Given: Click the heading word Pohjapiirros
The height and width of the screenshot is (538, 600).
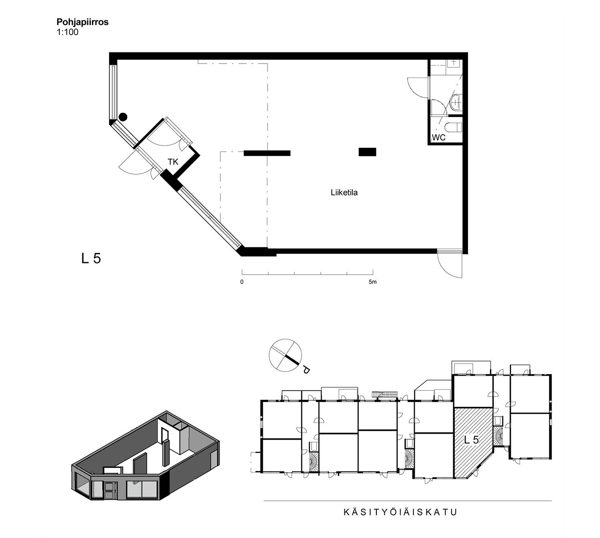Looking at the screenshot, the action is [82, 22].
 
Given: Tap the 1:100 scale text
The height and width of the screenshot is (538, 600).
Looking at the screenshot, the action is [68, 32].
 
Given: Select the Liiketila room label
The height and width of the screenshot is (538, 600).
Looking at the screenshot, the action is [344, 193].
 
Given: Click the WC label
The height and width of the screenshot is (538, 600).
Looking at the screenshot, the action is [438, 137].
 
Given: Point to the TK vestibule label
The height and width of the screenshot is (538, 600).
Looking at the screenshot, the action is [173, 162].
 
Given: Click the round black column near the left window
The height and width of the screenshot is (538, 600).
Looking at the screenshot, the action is [123, 117].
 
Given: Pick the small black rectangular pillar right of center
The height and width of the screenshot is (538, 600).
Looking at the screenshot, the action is [367, 152].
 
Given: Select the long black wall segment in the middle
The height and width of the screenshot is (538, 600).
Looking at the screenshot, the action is [267, 153].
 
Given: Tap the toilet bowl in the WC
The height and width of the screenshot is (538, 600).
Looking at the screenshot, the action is [454, 128].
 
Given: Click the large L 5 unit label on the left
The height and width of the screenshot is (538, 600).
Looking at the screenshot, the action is [91, 258].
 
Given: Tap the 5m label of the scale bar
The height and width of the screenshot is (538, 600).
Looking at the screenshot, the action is [372, 282].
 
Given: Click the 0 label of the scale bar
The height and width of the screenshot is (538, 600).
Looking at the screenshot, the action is [242, 282].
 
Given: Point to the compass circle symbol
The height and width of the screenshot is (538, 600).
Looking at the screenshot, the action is [285, 355].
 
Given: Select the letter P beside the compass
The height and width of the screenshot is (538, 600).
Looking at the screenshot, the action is [306, 370].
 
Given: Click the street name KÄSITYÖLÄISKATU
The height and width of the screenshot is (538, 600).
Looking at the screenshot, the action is [400, 512].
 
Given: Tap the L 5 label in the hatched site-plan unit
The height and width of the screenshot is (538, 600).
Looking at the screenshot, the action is [472, 440].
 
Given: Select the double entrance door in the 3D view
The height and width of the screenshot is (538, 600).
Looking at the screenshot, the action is [111, 490].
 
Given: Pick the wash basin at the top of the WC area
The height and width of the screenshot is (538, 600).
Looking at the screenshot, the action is [454, 62].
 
